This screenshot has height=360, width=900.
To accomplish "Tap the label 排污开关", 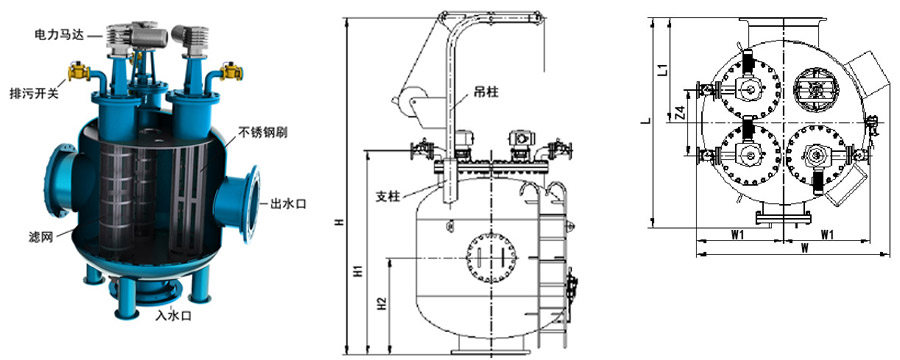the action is (34, 93).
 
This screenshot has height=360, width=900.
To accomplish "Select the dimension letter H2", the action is (382, 305).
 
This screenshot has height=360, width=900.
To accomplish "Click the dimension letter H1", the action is (357, 271).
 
